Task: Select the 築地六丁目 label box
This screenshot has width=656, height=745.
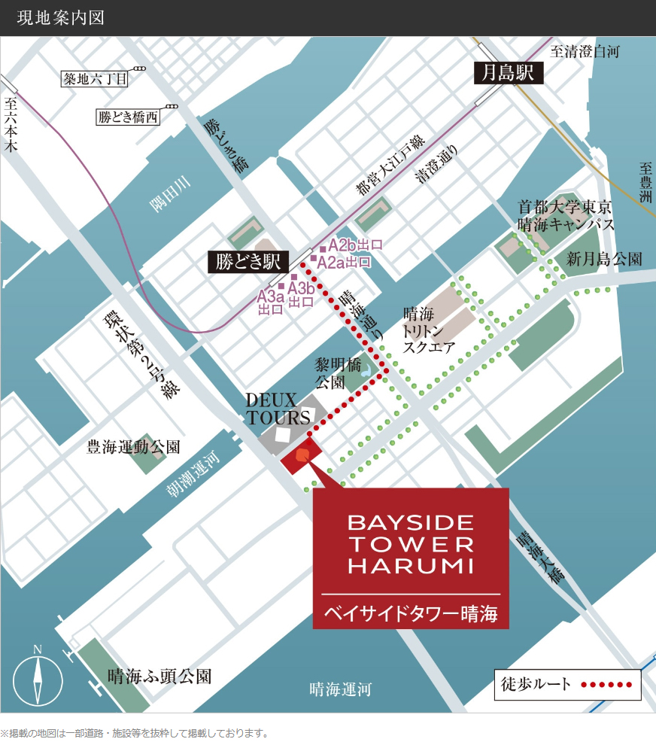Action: (x=96, y=78)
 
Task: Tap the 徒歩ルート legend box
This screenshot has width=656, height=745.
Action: (x=567, y=685)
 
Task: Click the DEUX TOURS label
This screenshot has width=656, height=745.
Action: (x=278, y=408)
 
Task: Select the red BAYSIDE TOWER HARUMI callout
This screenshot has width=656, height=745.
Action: (x=411, y=558)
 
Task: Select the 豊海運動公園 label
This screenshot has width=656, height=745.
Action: (x=133, y=447)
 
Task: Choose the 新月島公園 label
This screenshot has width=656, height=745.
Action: (x=604, y=259)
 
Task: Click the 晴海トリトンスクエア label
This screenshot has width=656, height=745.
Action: (x=429, y=330)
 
